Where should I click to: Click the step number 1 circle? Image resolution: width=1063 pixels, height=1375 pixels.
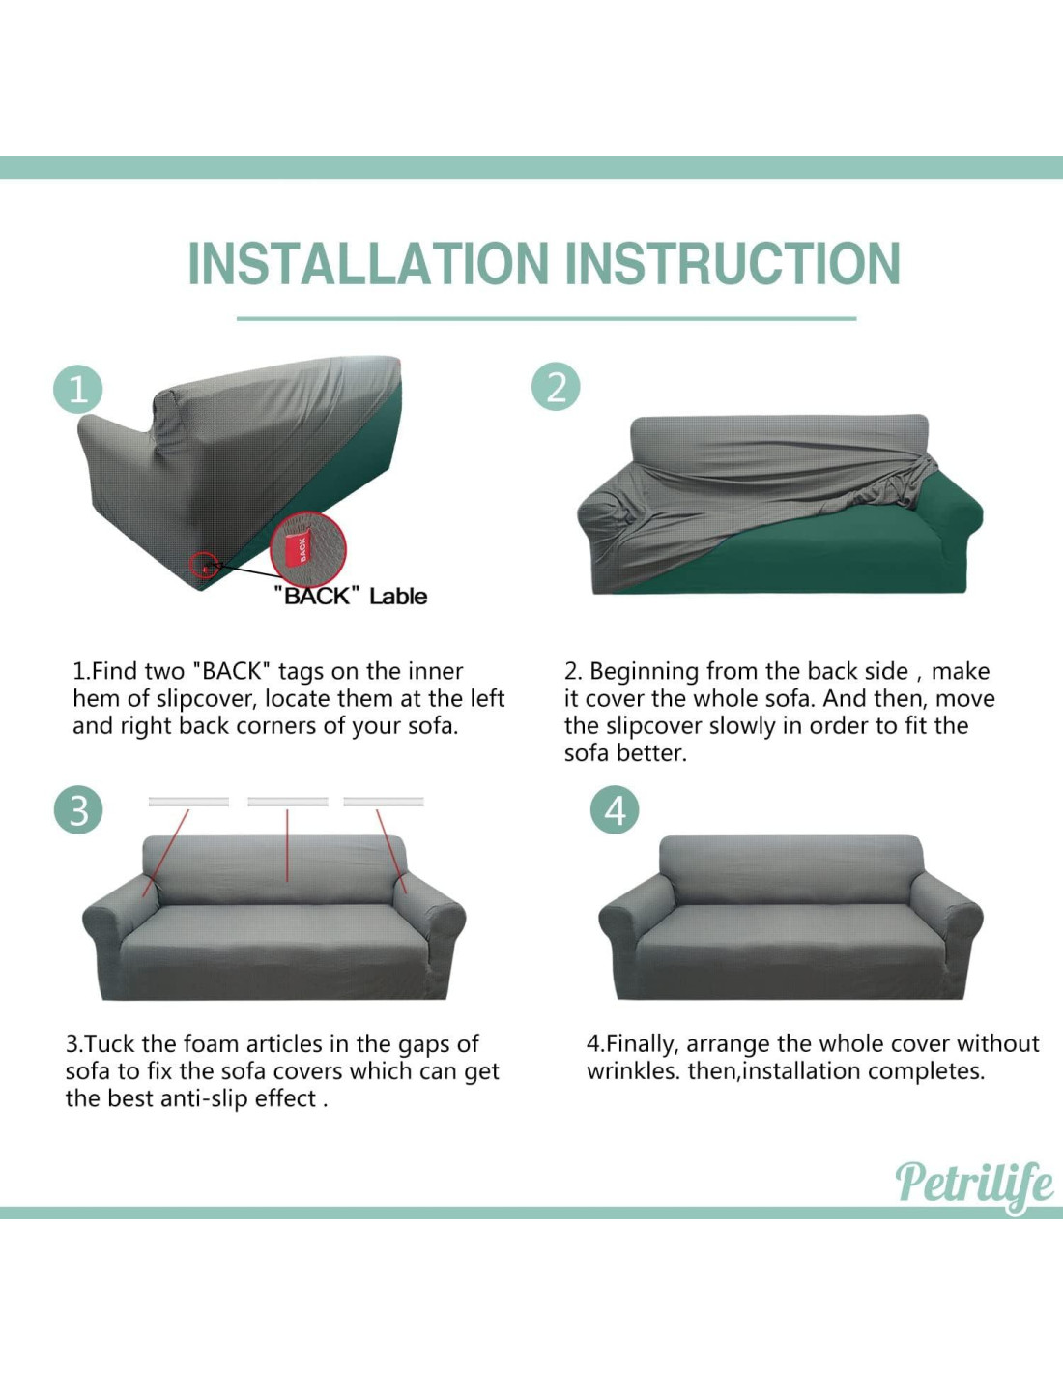[x=77, y=391]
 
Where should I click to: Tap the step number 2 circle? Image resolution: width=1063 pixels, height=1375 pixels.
[x=556, y=386]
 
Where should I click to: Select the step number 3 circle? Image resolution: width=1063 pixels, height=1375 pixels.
[x=78, y=810]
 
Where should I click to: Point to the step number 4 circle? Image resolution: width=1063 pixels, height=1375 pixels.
[x=615, y=810]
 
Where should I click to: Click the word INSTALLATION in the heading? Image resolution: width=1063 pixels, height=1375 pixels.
[x=368, y=263]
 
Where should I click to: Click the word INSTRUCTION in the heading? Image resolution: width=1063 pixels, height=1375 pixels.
[x=733, y=263]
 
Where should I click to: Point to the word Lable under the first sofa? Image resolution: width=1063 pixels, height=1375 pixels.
[x=398, y=596]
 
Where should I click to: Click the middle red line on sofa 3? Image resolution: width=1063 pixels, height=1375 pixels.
[x=287, y=845]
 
